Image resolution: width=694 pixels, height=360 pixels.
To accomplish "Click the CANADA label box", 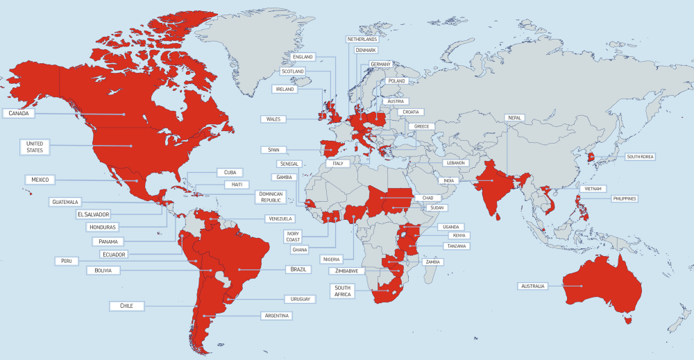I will click(x=19, y=113).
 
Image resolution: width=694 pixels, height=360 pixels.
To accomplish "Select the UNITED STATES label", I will click(x=34, y=146).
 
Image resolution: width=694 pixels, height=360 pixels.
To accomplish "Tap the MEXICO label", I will click(x=40, y=180).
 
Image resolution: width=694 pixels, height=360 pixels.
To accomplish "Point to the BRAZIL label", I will click(x=298, y=269).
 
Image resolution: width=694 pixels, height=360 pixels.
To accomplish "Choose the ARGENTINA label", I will click(x=276, y=316).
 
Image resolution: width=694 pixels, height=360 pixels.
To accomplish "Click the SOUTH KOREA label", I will click(x=640, y=157).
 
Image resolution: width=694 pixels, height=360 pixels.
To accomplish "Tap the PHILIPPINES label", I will click(x=625, y=198).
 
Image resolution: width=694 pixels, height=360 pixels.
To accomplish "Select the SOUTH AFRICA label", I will click(x=343, y=291).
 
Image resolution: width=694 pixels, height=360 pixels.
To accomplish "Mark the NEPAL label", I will click(x=514, y=118).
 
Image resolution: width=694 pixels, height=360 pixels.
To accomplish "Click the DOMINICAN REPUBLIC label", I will click(x=270, y=197).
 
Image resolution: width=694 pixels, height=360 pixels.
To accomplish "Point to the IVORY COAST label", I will click(x=293, y=237).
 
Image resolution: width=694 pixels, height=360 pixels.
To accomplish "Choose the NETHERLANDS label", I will click(x=362, y=40).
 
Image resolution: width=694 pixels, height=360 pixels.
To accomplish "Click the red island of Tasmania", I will click(x=629, y=320).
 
